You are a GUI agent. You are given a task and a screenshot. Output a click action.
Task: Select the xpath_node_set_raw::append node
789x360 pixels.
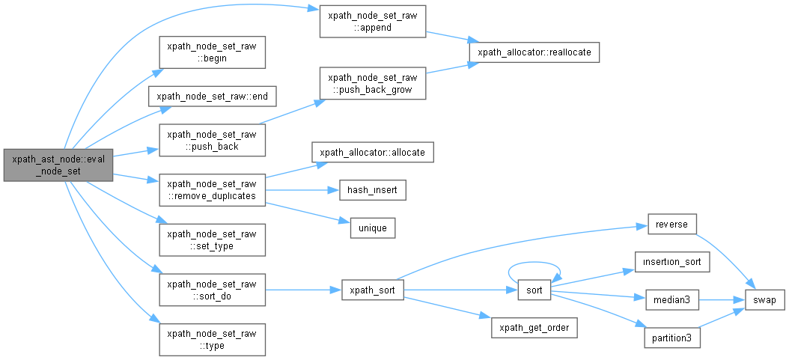pyautogui.click(x=372, y=21)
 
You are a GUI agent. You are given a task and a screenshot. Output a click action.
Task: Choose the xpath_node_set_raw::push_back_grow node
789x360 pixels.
pyautogui.click(x=372, y=84)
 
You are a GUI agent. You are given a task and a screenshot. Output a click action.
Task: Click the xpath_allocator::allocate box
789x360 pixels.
pyautogui.click(x=372, y=152)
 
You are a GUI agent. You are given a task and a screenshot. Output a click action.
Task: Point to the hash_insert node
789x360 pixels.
pyautogui.click(x=372, y=190)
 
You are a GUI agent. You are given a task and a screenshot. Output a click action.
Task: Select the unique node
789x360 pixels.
pyautogui.click(x=372, y=228)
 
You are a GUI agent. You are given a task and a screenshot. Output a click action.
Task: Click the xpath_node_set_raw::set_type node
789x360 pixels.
pyautogui.click(x=212, y=240)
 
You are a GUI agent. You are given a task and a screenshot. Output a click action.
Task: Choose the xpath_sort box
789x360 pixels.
pyautogui.click(x=373, y=290)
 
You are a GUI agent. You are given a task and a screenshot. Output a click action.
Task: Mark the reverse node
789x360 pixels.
pyautogui.click(x=671, y=225)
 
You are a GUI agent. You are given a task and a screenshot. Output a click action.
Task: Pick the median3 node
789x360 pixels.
pyautogui.click(x=671, y=299)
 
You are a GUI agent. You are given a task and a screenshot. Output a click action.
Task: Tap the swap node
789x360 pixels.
pyautogui.click(x=764, y=299)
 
